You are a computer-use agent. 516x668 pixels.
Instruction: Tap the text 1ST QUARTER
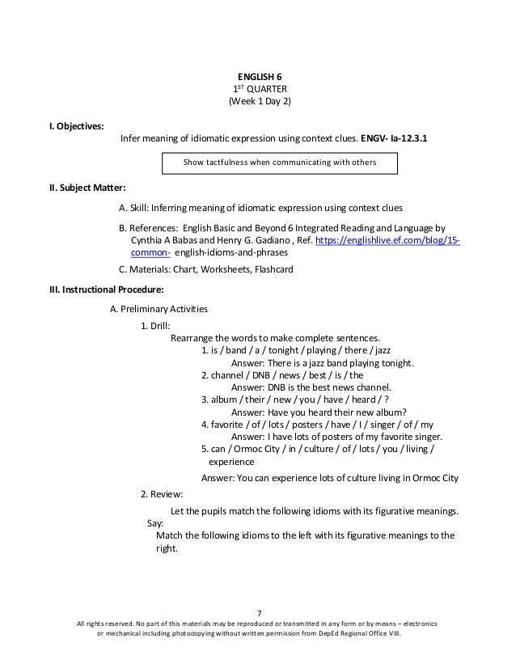point(258,90)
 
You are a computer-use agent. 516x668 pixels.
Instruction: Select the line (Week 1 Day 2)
point(258,102)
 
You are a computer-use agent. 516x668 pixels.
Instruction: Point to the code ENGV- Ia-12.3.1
point(395,139)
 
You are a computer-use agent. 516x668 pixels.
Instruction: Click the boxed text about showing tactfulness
point(279,163)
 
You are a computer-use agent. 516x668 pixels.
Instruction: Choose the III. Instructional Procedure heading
point(108,288)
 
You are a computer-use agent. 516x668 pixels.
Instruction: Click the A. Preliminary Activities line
point(159,308)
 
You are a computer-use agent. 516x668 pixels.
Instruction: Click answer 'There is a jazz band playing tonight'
point(322,363)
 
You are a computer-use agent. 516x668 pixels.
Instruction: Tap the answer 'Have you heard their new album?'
point(319,412)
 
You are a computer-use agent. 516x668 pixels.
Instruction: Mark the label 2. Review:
point(161,493)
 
